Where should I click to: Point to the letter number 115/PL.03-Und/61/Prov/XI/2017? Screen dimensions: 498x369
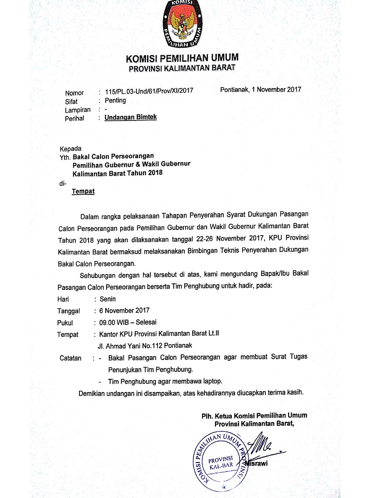point(149,92)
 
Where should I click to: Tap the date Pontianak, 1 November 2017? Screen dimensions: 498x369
point(261,90)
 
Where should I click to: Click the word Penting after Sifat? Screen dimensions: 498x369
point(115,100)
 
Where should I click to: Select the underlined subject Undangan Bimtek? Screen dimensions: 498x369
point(130,117)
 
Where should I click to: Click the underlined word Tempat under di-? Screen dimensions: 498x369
point(83,191)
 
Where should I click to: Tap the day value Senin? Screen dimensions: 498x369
point(107,299)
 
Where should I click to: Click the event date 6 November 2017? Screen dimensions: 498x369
point(124,311)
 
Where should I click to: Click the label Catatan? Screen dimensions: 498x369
point(71,358)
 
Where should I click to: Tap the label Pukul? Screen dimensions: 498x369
point(65,323)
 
